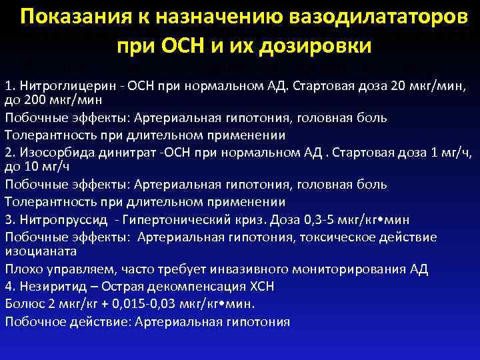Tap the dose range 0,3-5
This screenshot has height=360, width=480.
pos(307,219)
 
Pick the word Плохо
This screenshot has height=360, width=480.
pos(21,269)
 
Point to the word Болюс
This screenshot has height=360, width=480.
pos(22,304)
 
